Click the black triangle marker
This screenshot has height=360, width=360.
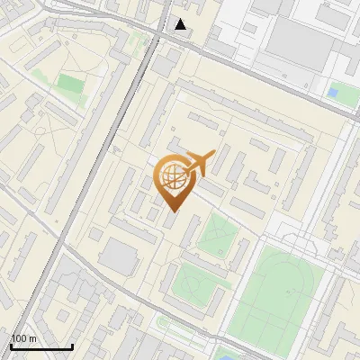coord(181,24)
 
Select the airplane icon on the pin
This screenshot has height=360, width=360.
coord(200,163)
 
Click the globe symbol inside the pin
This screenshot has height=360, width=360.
coord(172,176)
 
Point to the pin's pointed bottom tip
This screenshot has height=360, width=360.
coord(173,211)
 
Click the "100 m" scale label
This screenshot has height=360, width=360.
coord(23,338)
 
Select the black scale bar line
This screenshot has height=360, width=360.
coord(41,346)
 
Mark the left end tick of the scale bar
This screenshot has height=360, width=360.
coord(11,345)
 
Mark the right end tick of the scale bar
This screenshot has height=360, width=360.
coord(72,345)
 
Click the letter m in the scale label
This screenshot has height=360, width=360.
coord(32,338)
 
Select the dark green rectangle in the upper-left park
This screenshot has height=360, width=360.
coord(71,85)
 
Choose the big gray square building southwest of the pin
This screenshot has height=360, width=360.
coord(118,257)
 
